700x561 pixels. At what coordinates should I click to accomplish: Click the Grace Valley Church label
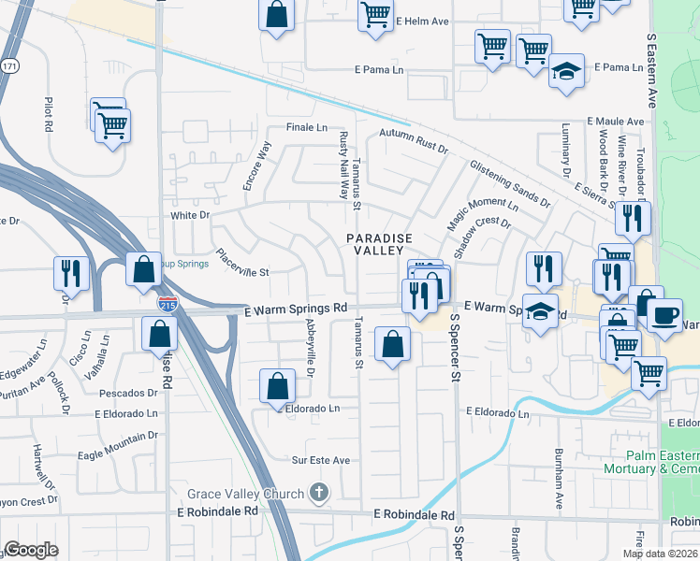(245, 494)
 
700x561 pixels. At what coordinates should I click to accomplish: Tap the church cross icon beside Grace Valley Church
(319, 493)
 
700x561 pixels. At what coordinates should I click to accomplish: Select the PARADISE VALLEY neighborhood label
(380, 245)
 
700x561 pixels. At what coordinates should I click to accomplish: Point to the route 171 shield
(9, 67)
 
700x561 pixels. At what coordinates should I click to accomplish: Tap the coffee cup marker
(664, 316)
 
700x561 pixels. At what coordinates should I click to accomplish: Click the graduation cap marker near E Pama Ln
(565, 72)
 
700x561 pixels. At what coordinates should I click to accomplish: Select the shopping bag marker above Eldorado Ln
(277, 386)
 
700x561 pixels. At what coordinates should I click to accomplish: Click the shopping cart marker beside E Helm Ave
(375, 15)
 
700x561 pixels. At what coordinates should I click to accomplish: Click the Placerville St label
(241, 263)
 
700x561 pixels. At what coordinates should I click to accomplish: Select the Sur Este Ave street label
(320, 460)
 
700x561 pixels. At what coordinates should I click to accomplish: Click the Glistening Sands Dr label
(510, 182)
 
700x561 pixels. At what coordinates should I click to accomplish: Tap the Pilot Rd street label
(48, 114)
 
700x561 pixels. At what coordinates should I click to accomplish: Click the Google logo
(31, 550)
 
